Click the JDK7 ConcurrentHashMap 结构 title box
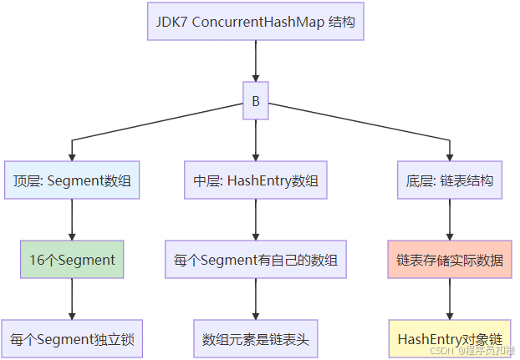tap(255, 22)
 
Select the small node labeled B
tap(255, 101)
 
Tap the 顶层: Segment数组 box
tap(72, 180)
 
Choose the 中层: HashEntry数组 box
tap(255, 180)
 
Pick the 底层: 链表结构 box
tap(451, 180)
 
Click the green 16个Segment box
tap(72, 260)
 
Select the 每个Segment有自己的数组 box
tap(255, 260)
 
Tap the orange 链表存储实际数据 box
tap(451, 260)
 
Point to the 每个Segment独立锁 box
tap(72, 339)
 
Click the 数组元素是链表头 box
tap(255, 339)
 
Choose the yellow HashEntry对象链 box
tap(451, 339)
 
